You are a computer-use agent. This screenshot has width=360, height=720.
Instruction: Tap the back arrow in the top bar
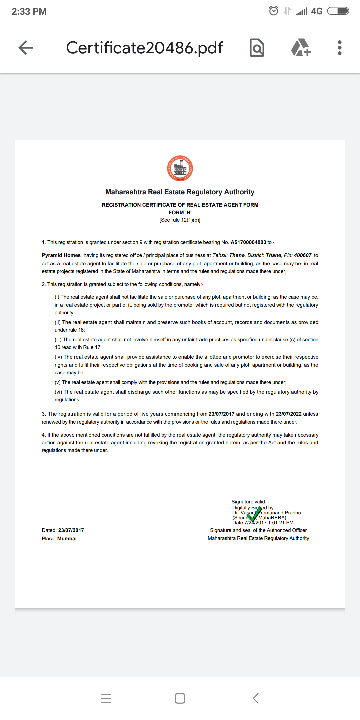click(26, 48)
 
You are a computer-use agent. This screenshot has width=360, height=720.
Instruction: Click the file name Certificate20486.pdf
click(144, 48)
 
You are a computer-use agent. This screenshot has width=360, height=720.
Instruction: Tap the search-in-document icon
click(257, 48)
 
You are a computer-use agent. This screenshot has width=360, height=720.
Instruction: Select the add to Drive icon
click(301, 48)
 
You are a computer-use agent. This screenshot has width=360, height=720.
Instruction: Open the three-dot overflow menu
click(339, 48)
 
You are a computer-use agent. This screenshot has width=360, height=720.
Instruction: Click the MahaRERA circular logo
click(180, 168)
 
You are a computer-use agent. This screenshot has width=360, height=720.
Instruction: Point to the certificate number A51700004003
click(248, 242)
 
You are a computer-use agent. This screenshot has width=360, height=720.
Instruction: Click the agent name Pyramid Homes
click(61, 255)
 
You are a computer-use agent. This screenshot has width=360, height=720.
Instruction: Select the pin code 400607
click(302, 255)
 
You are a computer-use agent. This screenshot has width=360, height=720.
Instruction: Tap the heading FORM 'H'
click(180, 213)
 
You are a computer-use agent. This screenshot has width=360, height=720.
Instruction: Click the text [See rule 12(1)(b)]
click(180, 220)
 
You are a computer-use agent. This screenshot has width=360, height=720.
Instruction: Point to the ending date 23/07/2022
click(289, 414)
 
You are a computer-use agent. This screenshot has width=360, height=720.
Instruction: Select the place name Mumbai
click(67, 539)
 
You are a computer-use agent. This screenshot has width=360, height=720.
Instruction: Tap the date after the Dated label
click(71, 530)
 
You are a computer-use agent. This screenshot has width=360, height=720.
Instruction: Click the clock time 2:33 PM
click(29, 12)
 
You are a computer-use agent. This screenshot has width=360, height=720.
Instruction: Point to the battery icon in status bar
click(338, 11)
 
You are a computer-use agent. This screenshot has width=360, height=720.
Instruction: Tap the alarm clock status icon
click(274, 11)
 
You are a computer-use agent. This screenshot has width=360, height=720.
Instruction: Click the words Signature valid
click(248, 502)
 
